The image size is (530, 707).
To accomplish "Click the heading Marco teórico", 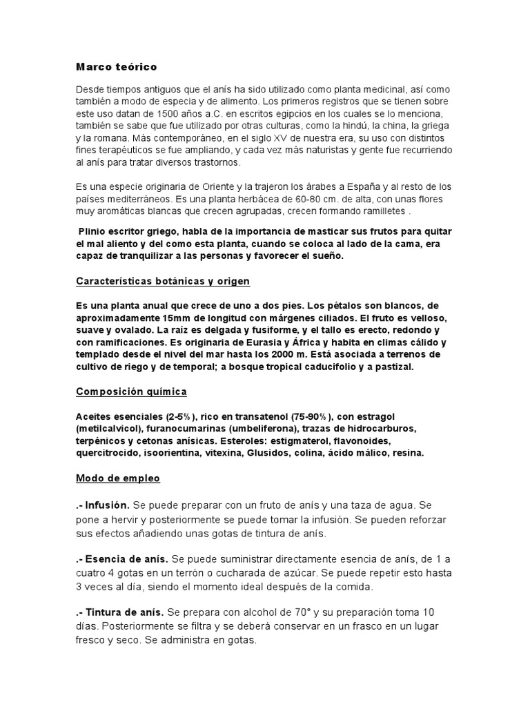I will click(116, 67).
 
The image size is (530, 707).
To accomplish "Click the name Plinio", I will click(95, 231).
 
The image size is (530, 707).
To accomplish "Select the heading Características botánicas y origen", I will click(162, 282).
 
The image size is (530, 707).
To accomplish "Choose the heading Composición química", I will click(131, 391).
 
